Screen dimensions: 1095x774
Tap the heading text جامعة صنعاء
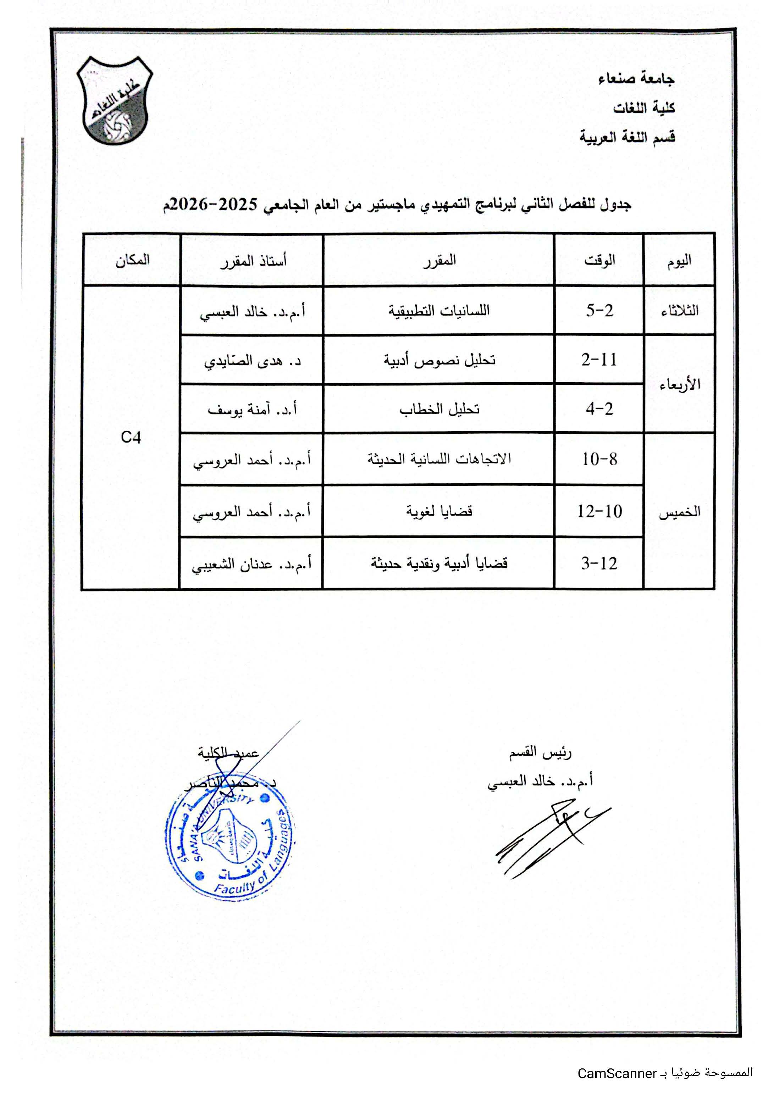[x=636, y=78]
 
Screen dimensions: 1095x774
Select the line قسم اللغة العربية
[x=627, y=137]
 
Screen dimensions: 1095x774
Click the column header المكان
[x=132, y=260]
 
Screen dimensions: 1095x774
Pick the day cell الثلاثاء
[x=679, y=311]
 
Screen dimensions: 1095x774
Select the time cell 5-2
[x=599, y=311]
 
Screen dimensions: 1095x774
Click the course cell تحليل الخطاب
[x=439, y=409]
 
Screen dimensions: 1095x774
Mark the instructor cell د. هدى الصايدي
[x=252, y=361]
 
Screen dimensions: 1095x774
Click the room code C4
[x=131, y=437]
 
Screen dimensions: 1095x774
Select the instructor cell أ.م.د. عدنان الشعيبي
[x=251, y=564]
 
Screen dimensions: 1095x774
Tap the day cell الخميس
[x=679, y=512]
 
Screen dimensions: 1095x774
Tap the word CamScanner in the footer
[x=617, y=1073]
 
